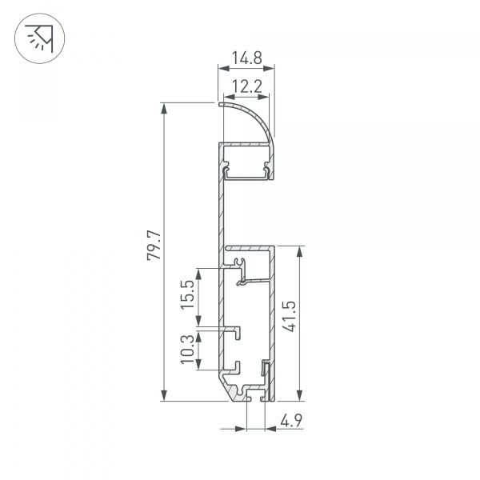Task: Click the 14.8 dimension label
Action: tap(246, 58)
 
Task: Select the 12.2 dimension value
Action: tap(246, 86)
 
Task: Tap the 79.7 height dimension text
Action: tap(154, 246)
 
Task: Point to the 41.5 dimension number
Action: tap(289, 317)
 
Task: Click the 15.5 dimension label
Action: tap(188, 294)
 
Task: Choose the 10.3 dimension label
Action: tap(188, 349)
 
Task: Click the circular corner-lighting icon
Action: tap(39, 38)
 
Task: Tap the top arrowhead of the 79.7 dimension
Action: tap(164, 109)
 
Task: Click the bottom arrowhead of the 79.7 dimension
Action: tap(164, 395)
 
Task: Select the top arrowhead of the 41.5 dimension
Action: tap(300, 251)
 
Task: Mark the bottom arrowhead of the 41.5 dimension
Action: tap(300, 395)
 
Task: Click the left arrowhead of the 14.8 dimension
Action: tap(224, 68)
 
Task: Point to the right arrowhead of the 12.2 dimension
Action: tap(263, 97)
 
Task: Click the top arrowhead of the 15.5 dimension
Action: tap(198, 274)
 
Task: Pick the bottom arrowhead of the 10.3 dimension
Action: tap(198, 364)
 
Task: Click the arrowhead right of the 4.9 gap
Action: tap(271, 429)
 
